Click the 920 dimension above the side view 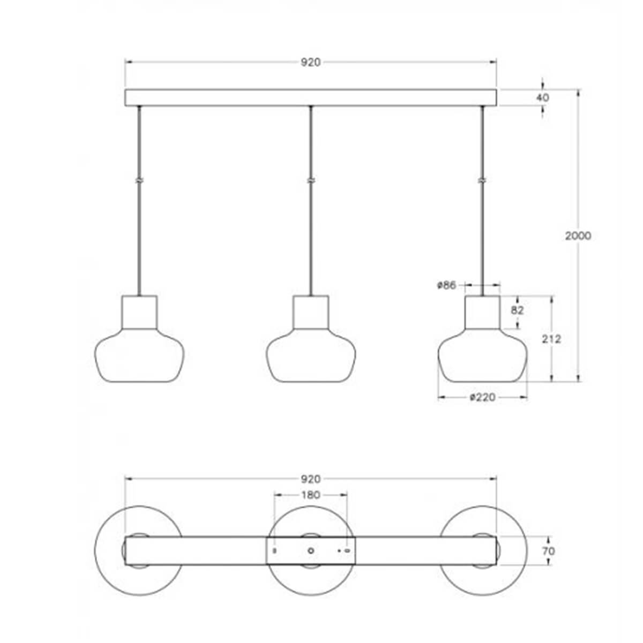point(310,63)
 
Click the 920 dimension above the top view point(310,479)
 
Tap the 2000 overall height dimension point(578,236)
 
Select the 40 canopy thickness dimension point(542,98)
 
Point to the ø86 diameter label point(446,286)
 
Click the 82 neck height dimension point(518,310)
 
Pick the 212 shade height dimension point(551,339)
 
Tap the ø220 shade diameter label point(482,397)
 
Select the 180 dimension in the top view point(311,495)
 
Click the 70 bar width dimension point(548,551)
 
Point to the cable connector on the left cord point(139,181)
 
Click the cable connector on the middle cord point(311,181)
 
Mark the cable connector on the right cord point(482,181)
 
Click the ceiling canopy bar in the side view point(311,98)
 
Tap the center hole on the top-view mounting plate point(311,550)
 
